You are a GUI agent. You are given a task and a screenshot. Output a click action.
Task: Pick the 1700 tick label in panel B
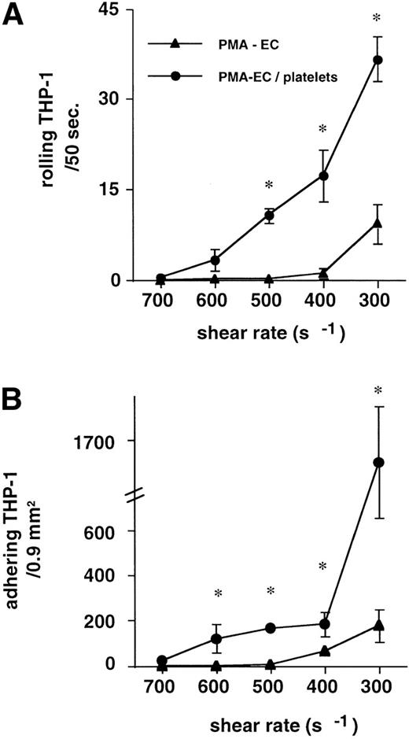100,441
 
